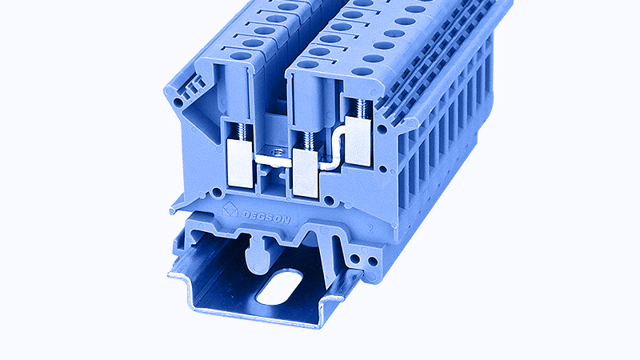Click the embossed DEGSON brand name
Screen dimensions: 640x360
coord(266,217)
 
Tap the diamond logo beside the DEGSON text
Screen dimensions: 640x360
coord(230,210)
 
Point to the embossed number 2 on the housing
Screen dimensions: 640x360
coord(370,228)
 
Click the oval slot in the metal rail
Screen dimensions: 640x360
coord(279,286)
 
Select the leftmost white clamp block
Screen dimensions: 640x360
coord(241,163)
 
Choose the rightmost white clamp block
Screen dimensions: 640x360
coord(358,141)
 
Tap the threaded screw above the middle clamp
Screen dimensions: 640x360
coord(307,140)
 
